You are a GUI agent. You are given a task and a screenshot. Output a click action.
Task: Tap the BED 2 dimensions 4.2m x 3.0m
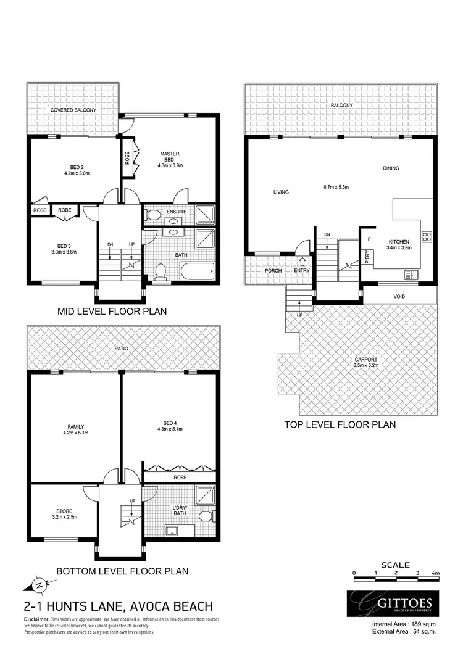(x=77, y=173)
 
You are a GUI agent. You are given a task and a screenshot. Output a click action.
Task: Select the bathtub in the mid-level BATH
(x=197, y=271)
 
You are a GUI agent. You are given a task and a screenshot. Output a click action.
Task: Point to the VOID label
(x=399, y=297)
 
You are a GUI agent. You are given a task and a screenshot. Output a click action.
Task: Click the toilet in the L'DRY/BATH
(x=207, y=516)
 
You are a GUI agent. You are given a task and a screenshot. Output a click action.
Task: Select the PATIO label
(x=121, y=349)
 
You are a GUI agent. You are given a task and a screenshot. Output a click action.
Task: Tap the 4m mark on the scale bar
(x=436, y=574)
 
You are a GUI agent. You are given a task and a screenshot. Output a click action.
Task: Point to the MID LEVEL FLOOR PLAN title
(x=112, y=311)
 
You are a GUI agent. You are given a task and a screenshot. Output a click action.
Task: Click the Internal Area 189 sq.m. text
(x=405, y=624)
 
